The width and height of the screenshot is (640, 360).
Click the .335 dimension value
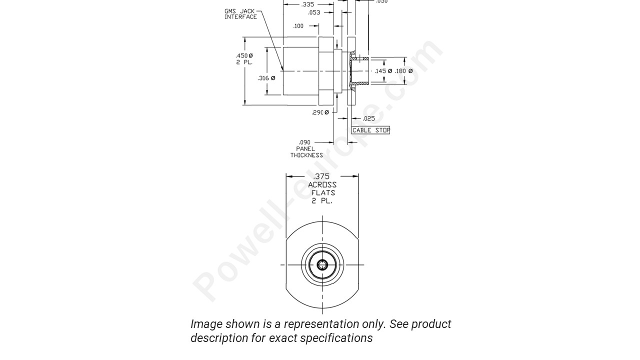(307, 4)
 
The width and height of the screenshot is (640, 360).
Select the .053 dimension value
(314, 12)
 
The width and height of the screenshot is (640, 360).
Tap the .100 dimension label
(298, 26)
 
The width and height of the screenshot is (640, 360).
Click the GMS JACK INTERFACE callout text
(240, 14)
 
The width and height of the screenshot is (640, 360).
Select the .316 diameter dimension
(266, 78)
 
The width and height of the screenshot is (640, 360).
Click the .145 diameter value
(383, 71)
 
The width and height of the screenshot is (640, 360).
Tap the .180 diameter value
(403, 71)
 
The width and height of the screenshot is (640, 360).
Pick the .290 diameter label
(320, 112)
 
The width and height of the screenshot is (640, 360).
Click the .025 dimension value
(368, 118)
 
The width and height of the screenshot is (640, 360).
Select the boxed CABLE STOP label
(370, 130)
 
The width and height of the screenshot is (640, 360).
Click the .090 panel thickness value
(304, 142)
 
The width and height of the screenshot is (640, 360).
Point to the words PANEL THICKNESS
(306, 152)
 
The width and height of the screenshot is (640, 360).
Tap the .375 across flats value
(321, 176)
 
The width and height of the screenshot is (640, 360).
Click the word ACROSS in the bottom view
(322, 184)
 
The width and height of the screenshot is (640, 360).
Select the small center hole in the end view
(322, 265)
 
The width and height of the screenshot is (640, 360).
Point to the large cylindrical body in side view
(301, 71)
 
